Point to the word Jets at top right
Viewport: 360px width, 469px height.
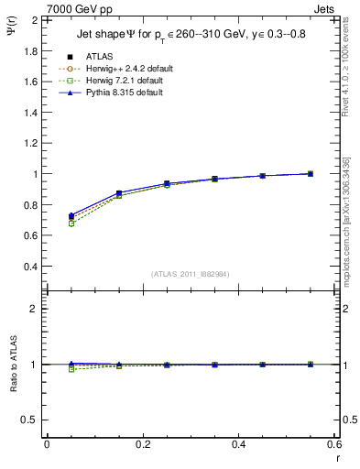(327, 8)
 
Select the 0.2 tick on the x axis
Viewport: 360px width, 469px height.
(142, 444)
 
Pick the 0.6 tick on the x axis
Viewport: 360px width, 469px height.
(335, 444)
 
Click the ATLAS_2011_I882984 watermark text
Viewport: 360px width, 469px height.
(190, 274)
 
